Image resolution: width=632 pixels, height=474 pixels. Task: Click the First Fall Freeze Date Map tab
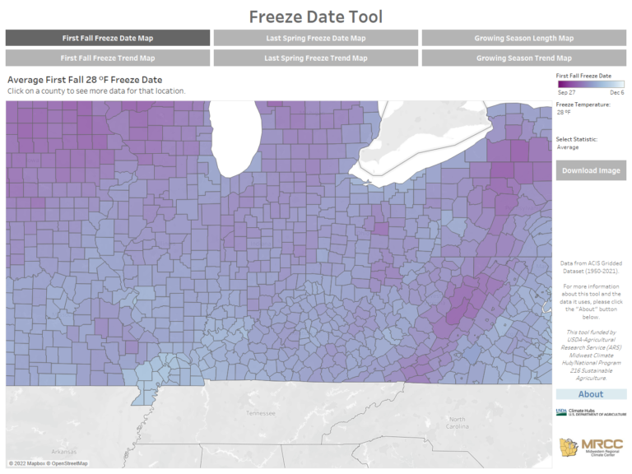[x=107, y=38]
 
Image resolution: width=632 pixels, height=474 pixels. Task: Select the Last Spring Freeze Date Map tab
[x=315, y=38]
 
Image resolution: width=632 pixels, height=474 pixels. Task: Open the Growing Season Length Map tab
[x=523, y=38]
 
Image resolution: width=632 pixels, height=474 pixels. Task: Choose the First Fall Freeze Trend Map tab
[x=107, y=58]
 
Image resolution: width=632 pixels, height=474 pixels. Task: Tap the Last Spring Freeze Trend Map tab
[x=315, y=58]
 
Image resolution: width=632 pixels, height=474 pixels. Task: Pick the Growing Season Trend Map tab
[x=523, y=58]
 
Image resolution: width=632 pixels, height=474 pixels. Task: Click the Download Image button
[x=590, y=170]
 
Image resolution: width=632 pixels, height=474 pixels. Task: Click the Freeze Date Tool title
[x=316, y=16]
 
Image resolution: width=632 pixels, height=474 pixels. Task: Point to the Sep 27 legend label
[x=566, y=93]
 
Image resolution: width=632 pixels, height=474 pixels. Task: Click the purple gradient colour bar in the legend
[x=591, y=84]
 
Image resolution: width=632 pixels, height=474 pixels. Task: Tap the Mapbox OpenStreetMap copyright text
[x=48, y=463]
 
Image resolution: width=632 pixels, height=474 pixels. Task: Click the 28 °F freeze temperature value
[x=565, y=112]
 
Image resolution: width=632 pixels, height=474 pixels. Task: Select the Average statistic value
[x=568, y=147]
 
